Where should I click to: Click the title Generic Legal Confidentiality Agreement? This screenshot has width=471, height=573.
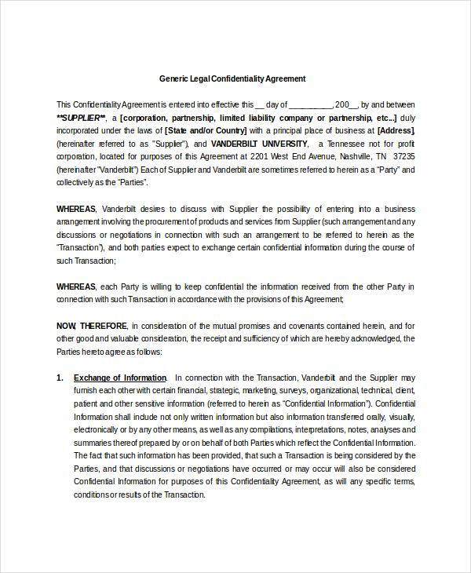tap(232, 78)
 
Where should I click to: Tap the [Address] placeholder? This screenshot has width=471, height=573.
tap(396, 130)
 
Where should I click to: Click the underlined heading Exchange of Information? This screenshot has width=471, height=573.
tap(120, 378)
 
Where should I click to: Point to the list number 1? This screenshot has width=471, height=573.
tap(60, 378)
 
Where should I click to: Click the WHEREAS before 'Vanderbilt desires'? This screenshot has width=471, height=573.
tap(76, 209)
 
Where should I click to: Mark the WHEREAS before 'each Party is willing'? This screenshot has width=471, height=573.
tap(76, 286)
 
